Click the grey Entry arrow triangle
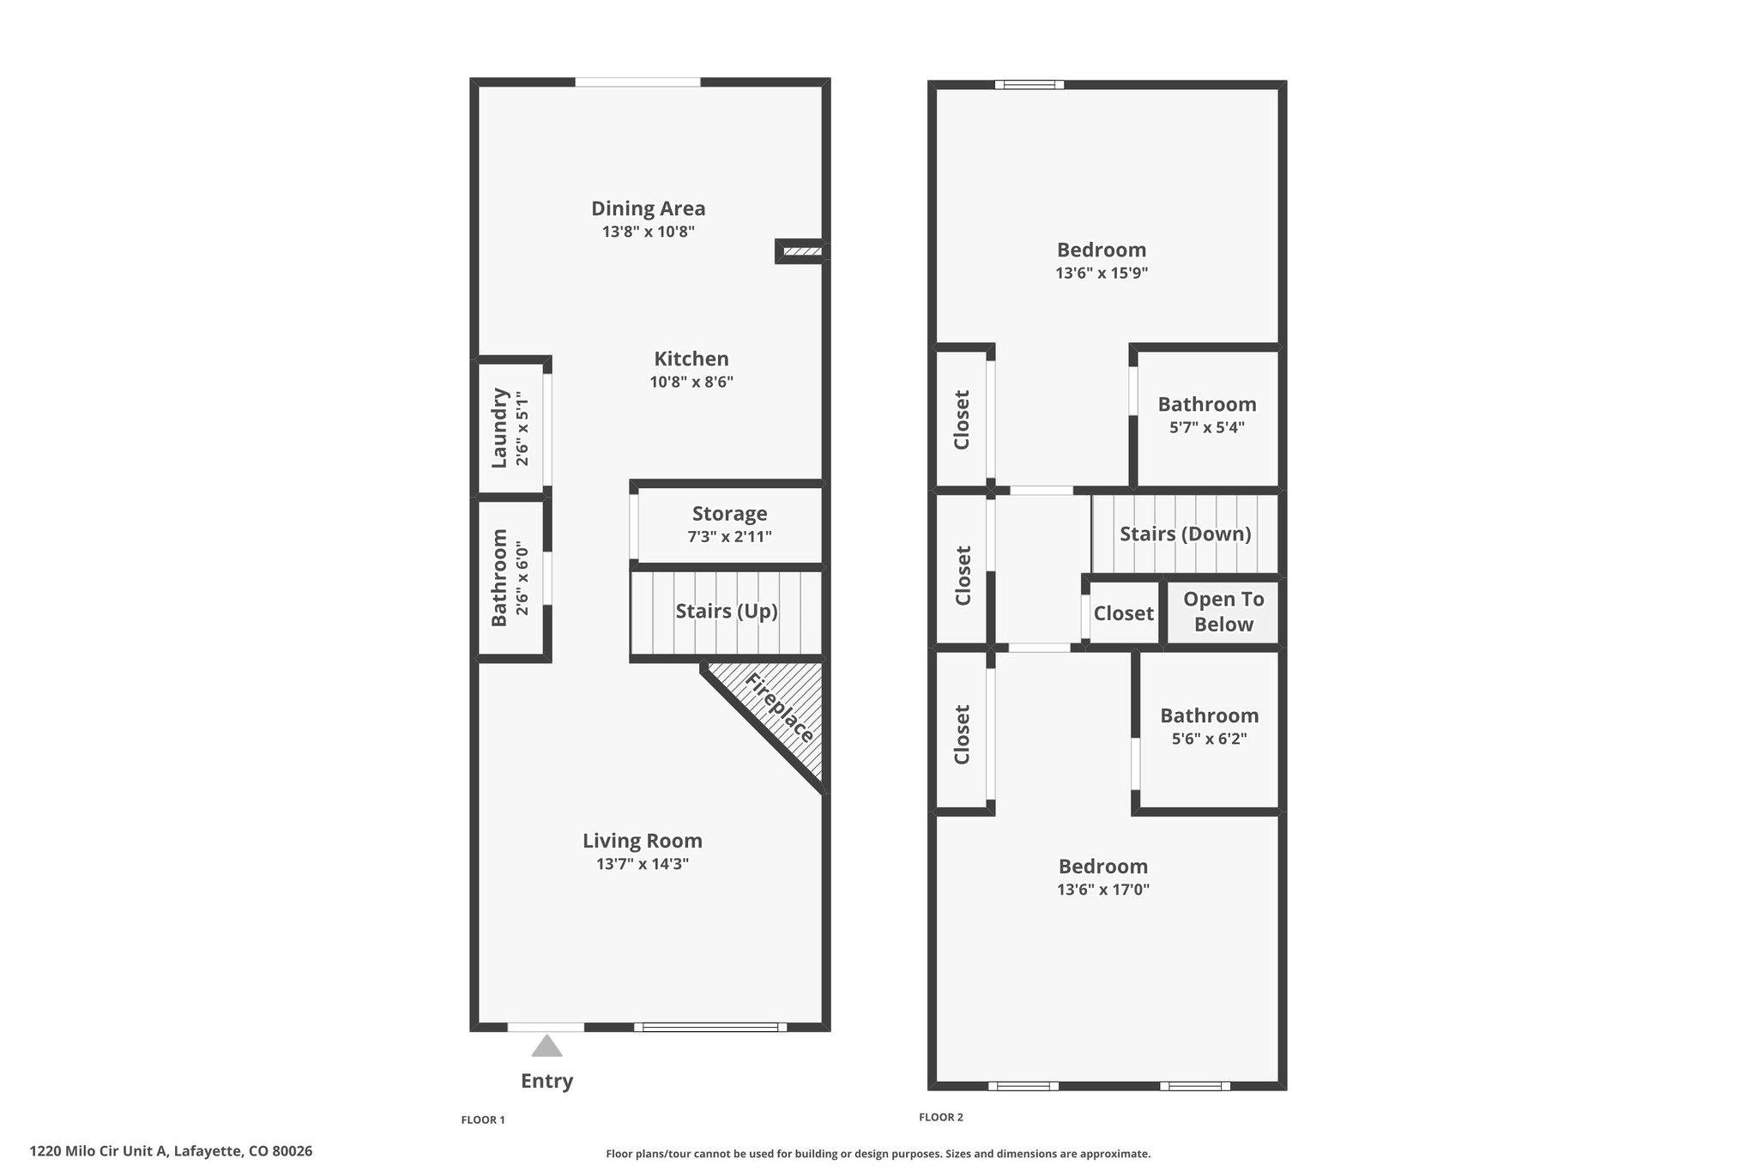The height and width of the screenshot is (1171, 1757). click(x=546, y=1046)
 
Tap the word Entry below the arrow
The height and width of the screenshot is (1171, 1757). click(x=546, y=1081)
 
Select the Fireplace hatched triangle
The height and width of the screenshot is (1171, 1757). click(x=767, y=721)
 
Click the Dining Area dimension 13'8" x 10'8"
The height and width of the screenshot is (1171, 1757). click(x=648, y=232)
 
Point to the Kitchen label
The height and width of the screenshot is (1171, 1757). click(x=691, y=359)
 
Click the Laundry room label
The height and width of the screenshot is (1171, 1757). click(x=499, y=427)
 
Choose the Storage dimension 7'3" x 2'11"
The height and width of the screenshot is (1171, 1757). click(x=729, y=537)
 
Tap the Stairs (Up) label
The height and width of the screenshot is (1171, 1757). click(x=727, y=611)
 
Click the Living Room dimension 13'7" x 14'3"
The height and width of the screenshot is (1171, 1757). click(x=643, y=864)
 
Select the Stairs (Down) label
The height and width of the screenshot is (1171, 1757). click(x=1186, y=534)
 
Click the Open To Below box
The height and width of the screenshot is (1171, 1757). click(x=1223, y=613)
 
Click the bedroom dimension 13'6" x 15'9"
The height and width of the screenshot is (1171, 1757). click(x=1102, y=274)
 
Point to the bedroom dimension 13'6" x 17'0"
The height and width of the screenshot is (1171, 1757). click(x=1103, y=890)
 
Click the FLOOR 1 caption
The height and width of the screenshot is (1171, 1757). click(x=483, y=1120)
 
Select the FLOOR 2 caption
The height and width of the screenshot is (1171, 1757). click(x=941, y=1117)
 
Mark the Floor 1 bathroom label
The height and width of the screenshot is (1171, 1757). click(x=499, y=577)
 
